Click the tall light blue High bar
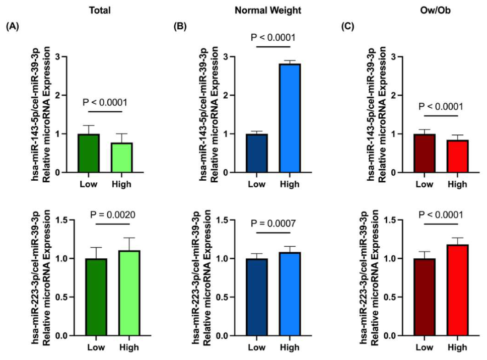point(290,118)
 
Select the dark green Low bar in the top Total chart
point(89,153)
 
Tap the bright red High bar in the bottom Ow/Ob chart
point(458,290)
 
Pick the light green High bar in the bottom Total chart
point(129,293)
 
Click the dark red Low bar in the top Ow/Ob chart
point(425,153)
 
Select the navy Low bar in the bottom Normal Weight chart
point(257,297)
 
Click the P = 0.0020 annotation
point(113,214)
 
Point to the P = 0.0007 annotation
point(273,224)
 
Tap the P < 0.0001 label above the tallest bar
point(273,38)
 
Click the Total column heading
point(100,10)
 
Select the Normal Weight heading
point(268,11)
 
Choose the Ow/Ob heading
point(435,10)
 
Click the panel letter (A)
point(13,27)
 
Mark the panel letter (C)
point(347,27)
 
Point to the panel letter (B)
point(180,27)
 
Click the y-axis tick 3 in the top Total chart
point(57,57)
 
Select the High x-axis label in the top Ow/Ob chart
point(457,184)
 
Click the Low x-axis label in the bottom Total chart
point(96,347)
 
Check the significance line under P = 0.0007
point(273,232)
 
